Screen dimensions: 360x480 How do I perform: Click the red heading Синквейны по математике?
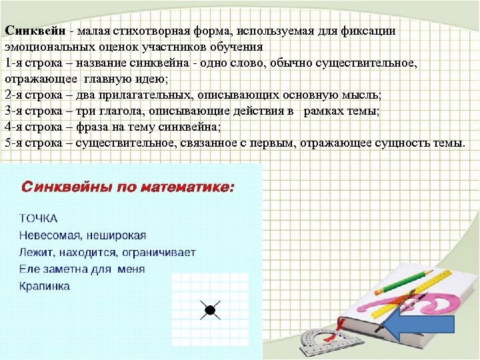tap(128, 187)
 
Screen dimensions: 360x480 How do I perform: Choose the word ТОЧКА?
tap(38, 218)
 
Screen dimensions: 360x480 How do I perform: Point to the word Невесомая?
tap(51, 235)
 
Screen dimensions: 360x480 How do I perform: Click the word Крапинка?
tap(44, 286)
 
